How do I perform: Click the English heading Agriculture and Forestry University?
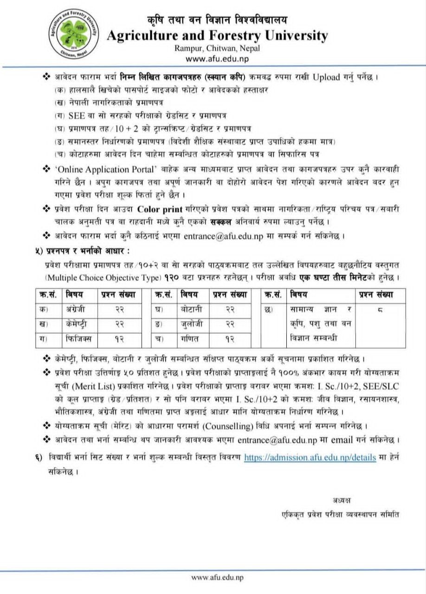[217, 36]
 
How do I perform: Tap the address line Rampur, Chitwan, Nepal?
[217, 48]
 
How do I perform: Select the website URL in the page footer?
[217, 577]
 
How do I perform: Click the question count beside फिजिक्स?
[119, 339]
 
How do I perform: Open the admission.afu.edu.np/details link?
[310, 457]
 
